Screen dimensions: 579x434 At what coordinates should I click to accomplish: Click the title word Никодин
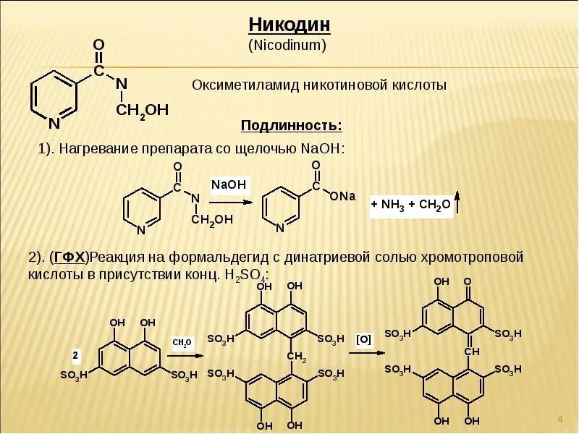coord(289,25)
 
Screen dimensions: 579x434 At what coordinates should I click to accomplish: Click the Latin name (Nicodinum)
coord(289,45)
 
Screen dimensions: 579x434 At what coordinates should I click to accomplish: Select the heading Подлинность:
coord(292,126)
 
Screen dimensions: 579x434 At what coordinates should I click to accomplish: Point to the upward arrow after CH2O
coord(457,202)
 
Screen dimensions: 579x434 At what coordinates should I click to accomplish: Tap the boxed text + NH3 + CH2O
coord(411,205)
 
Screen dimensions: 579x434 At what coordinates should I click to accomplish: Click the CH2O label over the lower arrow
coord(182,342)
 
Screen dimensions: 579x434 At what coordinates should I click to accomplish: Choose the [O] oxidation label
coord(364,339)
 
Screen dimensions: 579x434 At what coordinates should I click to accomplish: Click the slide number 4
coord(560,420)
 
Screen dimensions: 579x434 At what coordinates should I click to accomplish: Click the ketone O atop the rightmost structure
coord(468,281)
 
